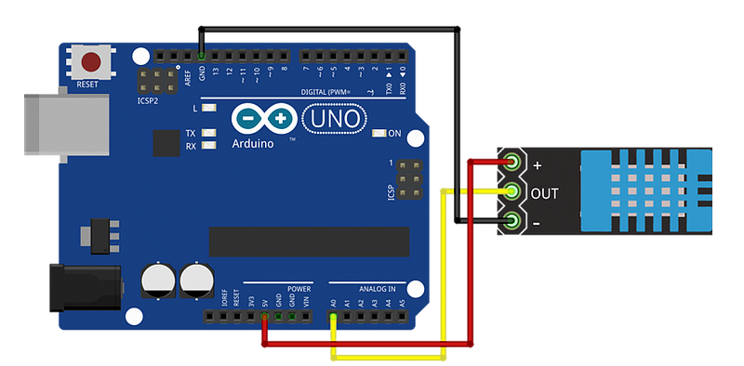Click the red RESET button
(x=91, y=63)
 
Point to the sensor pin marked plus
(x=511, y=164)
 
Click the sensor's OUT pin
(x=511, y=192)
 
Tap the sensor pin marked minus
(x=511, y=221)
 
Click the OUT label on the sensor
(x=544, y=193)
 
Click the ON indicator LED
(x=379, y=134)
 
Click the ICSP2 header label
(x=148, y=99)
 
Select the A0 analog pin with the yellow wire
(x=333, y=318)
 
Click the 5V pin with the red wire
(x=265, y=318)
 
